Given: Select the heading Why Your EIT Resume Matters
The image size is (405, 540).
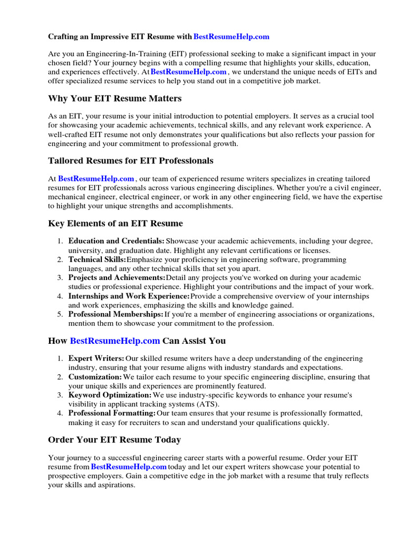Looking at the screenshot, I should coord(114,99).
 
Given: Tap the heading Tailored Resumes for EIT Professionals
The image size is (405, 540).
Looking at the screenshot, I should coord(130,160).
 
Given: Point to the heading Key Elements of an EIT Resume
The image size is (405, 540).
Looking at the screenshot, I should coord(115,223).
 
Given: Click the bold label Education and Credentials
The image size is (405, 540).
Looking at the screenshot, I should coord(117,241).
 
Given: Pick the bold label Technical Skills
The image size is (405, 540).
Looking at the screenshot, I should coord(97,259).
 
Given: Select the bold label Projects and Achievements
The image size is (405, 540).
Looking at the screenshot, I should coord(117,277).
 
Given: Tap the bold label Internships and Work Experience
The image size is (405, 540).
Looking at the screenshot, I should coord(129,296).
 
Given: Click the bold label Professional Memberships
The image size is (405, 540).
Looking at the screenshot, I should coord(115,314).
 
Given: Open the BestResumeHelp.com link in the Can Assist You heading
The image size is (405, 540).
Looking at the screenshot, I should coord(114,341).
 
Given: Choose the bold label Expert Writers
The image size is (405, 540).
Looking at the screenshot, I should coord(96,359).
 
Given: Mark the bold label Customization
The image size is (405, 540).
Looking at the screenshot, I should coord(95,377).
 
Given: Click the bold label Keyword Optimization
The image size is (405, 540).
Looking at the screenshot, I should coord(110,395).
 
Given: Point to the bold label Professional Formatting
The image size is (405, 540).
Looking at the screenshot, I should coord(112,413).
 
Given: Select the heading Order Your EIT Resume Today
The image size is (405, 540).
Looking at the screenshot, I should coord(114,439).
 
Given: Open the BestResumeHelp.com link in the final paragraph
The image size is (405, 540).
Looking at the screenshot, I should coord(129,467).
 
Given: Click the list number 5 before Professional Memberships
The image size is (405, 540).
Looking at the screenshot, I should coord(60,315).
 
